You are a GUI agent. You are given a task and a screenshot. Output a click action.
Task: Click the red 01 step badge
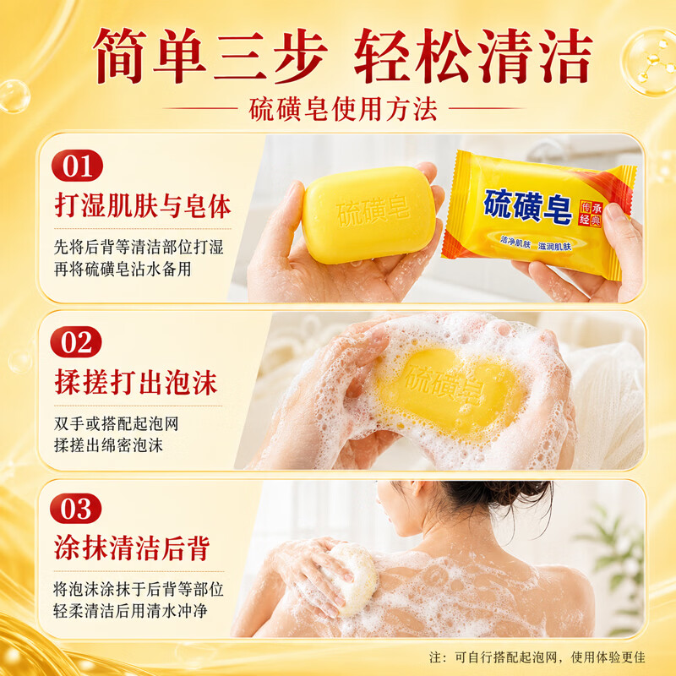click(77, 166)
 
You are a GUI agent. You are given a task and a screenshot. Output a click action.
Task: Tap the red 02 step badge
click(76, 342)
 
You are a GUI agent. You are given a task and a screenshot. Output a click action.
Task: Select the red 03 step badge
click(76, 509)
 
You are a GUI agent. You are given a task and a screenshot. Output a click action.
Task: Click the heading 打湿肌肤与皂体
click(143, 206)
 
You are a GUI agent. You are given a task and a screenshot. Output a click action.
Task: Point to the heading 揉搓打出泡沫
click(136, 383)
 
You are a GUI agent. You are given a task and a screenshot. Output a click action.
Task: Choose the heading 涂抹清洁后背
click(132, 548)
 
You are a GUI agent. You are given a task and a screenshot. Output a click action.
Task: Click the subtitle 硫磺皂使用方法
click(343, 110)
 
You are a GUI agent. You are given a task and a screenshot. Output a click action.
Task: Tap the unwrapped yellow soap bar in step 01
click(368, 215)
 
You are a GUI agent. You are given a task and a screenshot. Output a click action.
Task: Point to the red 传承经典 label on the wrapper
click(590, 213)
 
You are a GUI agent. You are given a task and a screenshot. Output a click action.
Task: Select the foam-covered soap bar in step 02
click(450, 390)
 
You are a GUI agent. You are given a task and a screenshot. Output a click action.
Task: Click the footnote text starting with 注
click(537, 657)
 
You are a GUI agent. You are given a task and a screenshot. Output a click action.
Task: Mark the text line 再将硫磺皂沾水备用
click(123, 269)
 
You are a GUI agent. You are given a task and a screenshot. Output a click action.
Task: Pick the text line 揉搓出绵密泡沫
click(109, 445)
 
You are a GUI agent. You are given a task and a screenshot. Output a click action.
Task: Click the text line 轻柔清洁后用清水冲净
click(130, 610)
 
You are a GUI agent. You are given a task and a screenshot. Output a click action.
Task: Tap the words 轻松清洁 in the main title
click(473, 56)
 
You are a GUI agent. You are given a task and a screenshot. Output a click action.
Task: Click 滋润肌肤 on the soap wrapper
click(554, 246)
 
